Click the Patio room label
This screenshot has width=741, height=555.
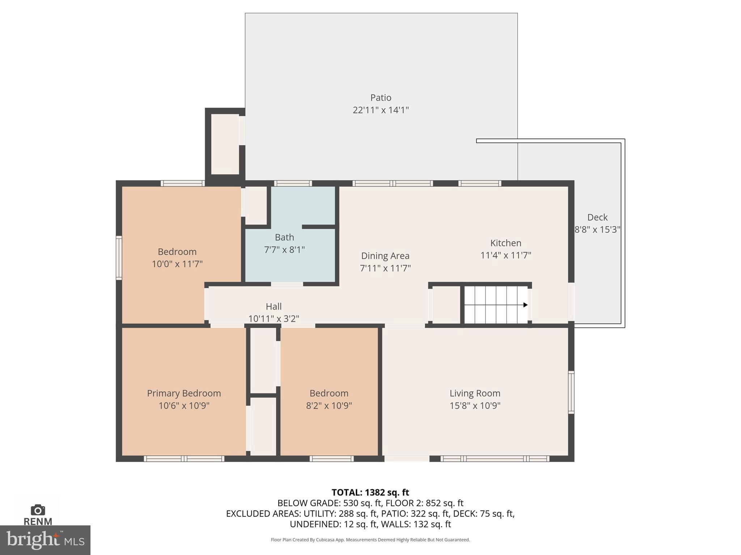[x=381, y=98]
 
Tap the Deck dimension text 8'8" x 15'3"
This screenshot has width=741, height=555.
[x=597, y=229]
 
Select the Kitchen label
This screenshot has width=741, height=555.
[x=505, y=243]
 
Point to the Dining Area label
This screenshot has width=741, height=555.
[x=385, y=256]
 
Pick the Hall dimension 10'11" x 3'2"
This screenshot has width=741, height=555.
[x=274, y=319]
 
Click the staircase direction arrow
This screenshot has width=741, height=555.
[x=525, y=305]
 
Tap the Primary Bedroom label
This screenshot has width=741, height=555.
[x=184, y=393]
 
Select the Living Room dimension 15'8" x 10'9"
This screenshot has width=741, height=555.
[x=475, y=405]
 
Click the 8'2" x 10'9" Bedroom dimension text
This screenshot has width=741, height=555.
[x=329, y=405]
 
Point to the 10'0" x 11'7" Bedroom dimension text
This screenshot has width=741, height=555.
[x=177, y=264]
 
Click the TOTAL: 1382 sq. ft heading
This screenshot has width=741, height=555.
[x=370, y=492]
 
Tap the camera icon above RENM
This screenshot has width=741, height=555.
[x=38, y=510]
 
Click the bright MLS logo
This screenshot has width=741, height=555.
[x=45, y=540]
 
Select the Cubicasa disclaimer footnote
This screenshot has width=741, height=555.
[x=370, y=540]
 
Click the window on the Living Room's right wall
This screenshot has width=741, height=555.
[x=571, y=392]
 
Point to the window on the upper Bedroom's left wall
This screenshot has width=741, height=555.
[x=119, y=258]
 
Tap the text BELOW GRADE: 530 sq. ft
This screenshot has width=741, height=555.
[x=329, y=503]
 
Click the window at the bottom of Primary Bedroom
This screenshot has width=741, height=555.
[x=184, y=459]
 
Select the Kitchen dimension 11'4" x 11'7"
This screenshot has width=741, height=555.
[x=505, y=255]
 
